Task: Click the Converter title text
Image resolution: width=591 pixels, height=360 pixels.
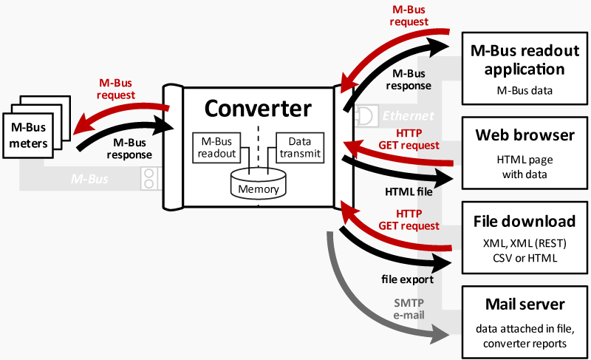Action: [258, 109]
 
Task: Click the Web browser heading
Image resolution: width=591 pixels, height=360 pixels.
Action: [525, 135]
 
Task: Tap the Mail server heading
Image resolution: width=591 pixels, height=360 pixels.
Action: [525, 304]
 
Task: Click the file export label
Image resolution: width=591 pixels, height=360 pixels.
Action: [408, 279]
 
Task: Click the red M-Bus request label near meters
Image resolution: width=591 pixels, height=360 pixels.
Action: [116, 89]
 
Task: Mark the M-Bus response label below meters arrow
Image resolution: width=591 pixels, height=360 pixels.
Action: [129, 149]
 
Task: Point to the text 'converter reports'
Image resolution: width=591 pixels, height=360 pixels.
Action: [525, 344]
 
